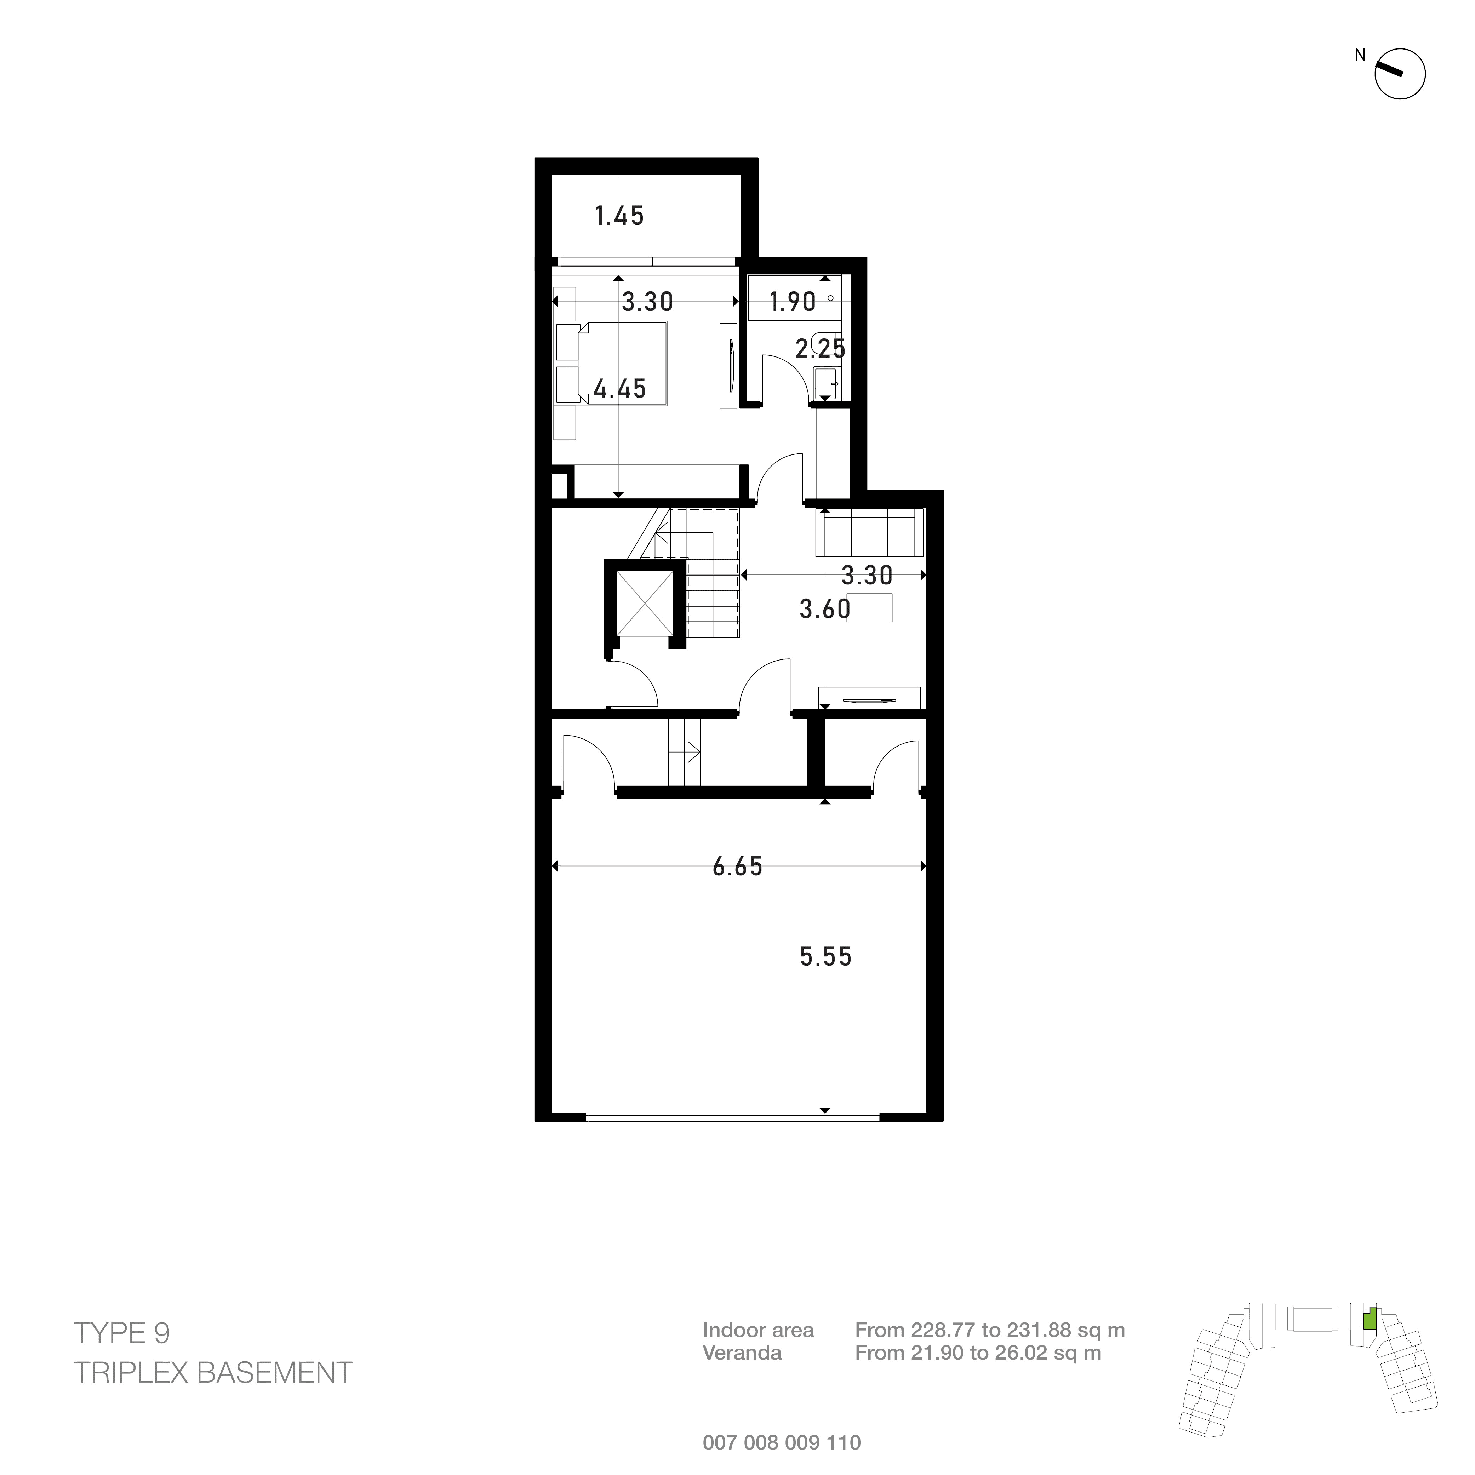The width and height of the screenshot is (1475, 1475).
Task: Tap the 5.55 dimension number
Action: pos(825,957)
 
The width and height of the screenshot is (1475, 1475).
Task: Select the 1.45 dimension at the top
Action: pos(619,216)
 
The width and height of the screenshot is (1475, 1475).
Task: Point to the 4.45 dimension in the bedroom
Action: pos(620,389)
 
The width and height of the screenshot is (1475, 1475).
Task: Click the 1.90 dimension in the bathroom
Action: pos(793,302)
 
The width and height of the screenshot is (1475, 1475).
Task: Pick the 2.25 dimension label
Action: pos(821,349)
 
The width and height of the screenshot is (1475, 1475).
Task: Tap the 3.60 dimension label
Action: pos(824,609)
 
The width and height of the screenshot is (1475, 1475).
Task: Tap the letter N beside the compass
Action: pos(1360,55)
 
